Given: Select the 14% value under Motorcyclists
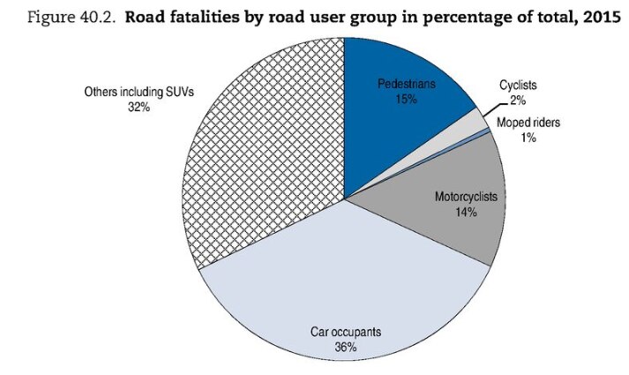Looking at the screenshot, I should click(467, 213).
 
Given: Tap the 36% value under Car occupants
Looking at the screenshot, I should click(345, 347).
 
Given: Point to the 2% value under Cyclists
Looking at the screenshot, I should click(519, 101).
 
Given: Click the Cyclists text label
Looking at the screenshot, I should click(518, 86).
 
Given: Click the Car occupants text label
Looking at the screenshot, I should click(345, 332).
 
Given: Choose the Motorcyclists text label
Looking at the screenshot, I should click(467, 198).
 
